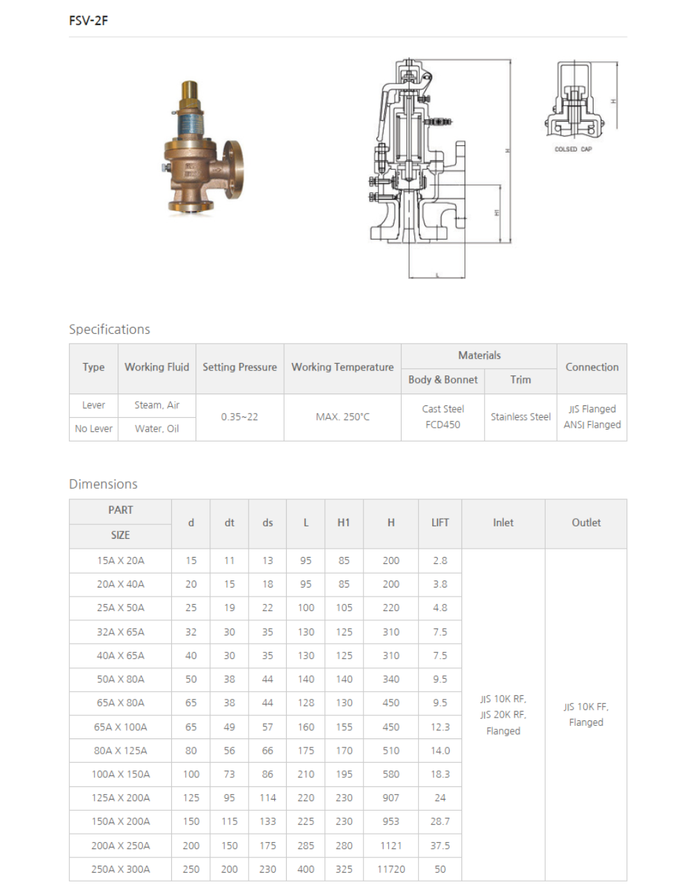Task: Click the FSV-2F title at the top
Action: point(88,20)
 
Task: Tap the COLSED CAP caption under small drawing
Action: point(573,149)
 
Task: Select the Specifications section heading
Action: point(109,329)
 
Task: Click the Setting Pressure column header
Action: point(239,367)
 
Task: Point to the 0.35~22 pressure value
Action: point(239,416)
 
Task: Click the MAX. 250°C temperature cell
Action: point(342,416)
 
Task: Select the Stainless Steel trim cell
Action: point(521,416)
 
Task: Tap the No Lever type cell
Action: point(94,428)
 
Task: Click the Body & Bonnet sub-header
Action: point(443,380)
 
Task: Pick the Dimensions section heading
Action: point(103,484)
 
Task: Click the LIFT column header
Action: point(440,522)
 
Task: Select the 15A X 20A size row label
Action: point(120,560)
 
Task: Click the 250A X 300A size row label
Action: point(120,869)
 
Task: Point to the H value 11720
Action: point(391,869)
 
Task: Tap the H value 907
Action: point(391,798)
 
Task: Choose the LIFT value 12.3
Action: point(440,727)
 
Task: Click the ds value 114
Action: point(267,798)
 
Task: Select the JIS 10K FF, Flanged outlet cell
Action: point(586,714)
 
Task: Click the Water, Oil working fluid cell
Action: point(157,428)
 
